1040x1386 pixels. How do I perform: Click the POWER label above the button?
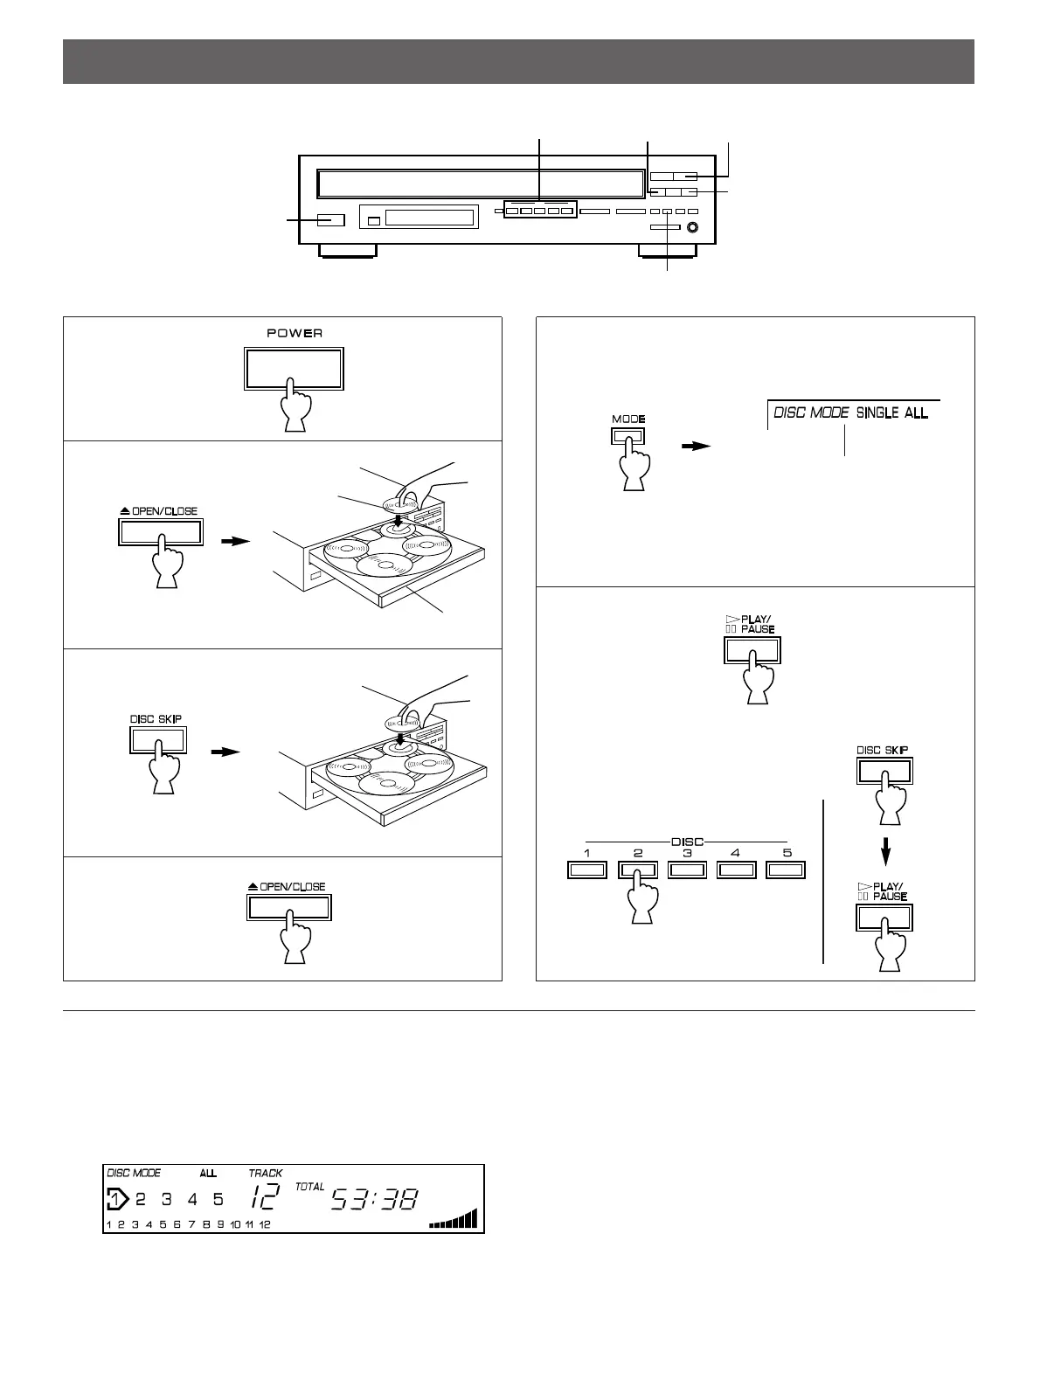[x=295, y=333]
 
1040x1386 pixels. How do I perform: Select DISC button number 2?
[x=638, y=870]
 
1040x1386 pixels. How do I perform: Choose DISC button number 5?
[x=785, y=870]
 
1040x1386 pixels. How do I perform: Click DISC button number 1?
[x=587, y=870]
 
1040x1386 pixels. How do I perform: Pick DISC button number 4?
[x=736, y=870]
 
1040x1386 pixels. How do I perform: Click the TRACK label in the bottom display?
[x=265, y=1173]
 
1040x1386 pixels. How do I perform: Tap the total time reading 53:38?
[x=374, y=1201]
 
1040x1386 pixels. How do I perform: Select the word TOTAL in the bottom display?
[x=309, y=1187]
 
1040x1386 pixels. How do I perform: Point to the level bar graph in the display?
[x=454, y=1219]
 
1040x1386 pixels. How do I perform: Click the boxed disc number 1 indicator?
[x=115, y=1199]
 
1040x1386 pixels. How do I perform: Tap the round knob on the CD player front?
[x=693, y=229]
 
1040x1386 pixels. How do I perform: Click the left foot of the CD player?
[x=347, y=252]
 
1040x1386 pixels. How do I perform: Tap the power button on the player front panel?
[x=329, y=220]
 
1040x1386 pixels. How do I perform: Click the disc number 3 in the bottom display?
[x=165, y=1200]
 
